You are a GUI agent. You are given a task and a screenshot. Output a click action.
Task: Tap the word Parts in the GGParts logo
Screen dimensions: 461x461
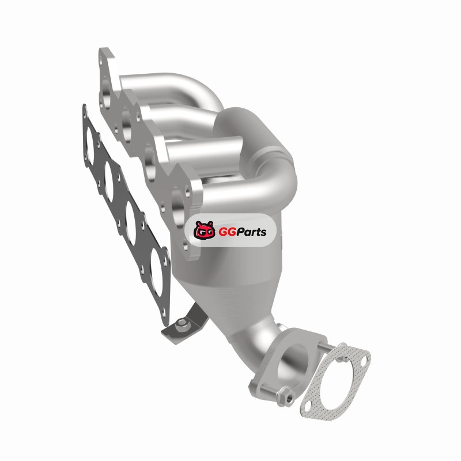coord(250,232)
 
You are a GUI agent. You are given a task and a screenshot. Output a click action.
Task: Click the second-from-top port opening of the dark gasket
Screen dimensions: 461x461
coord(109,182)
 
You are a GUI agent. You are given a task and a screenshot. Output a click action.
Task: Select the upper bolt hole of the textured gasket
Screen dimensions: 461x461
coord(364,361)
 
